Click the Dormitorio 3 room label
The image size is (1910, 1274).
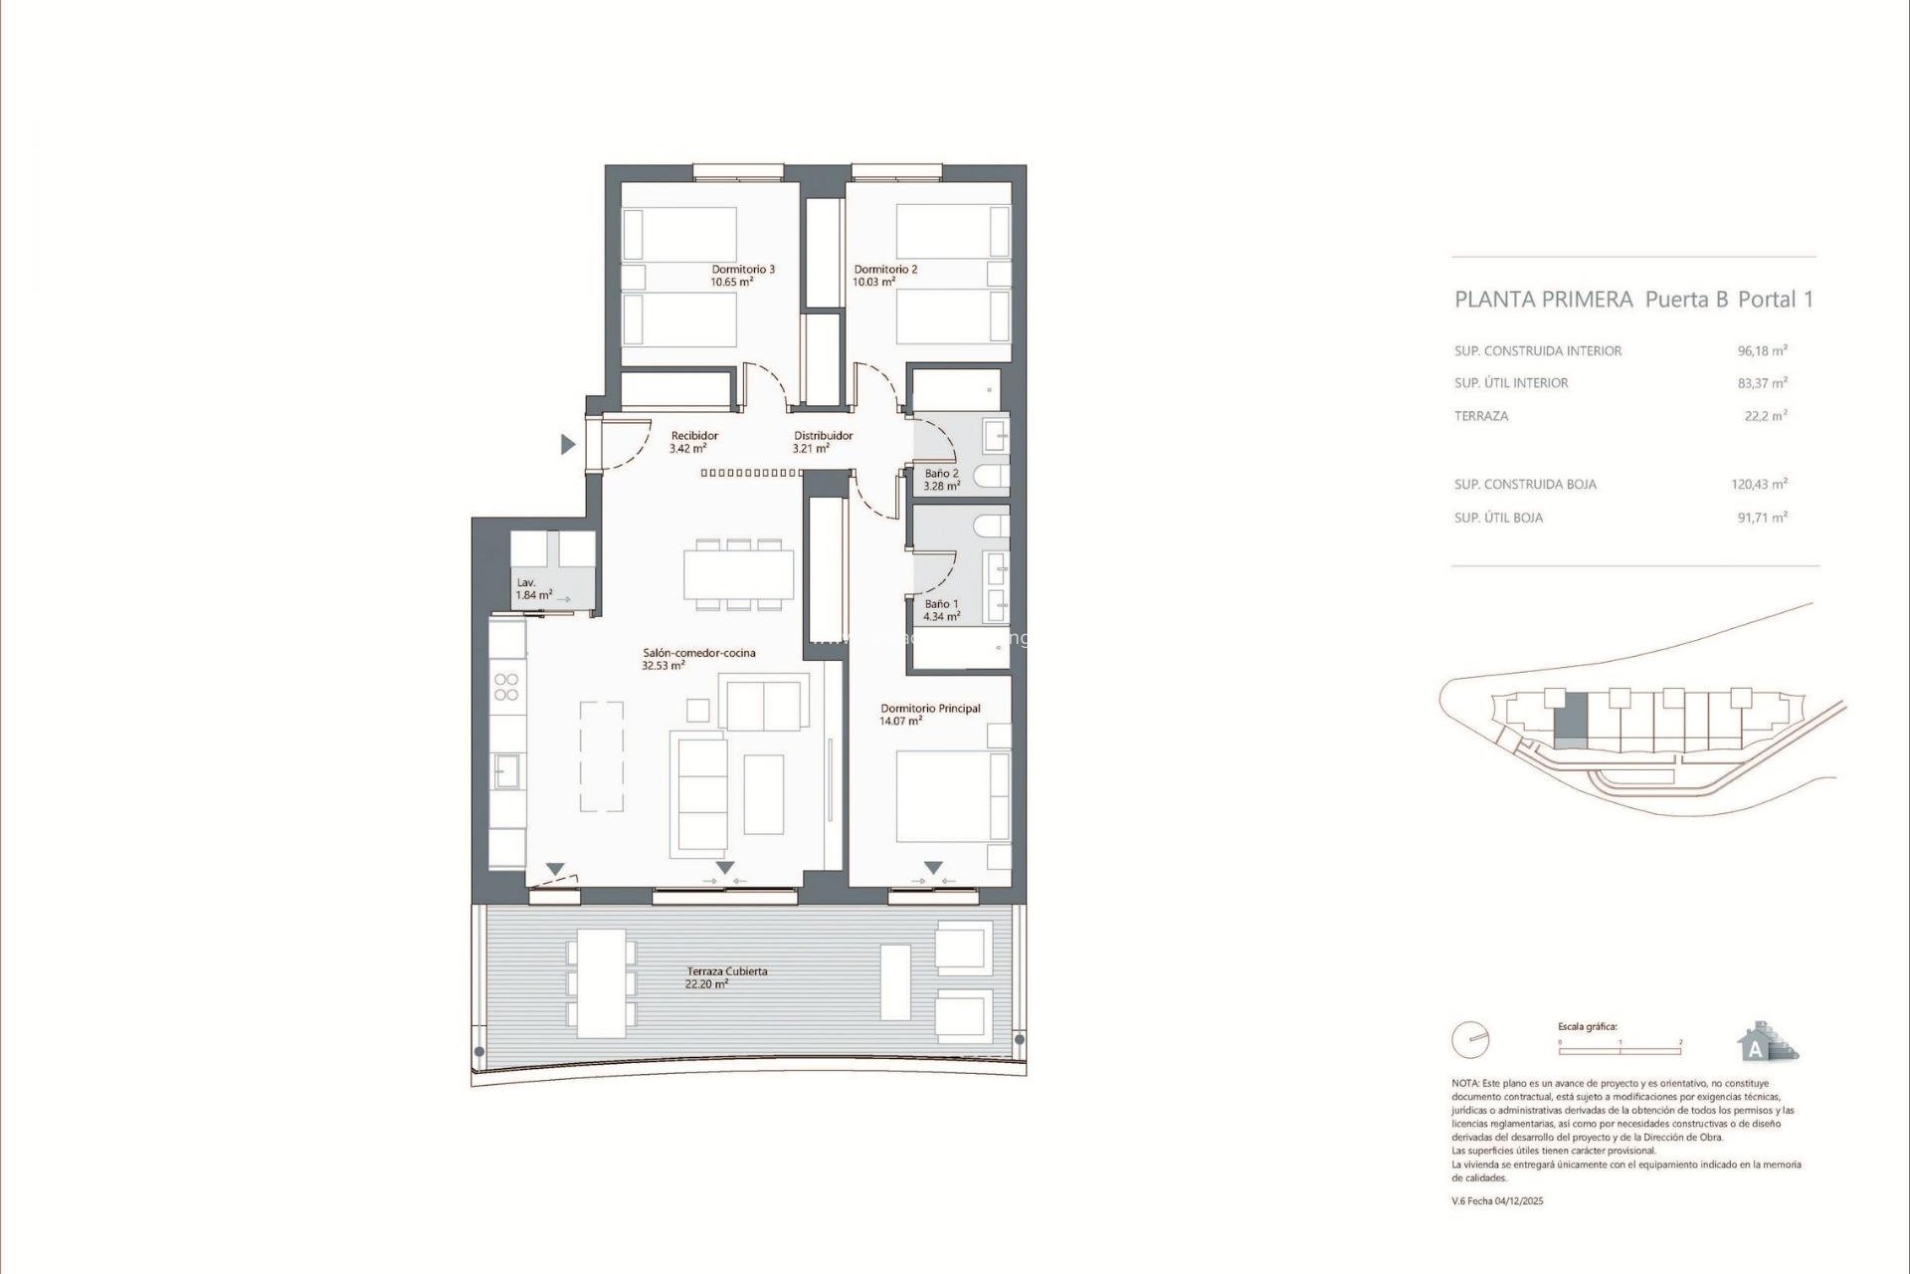(x=742, y=269)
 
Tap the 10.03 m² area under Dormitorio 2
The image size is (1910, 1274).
(x=873, y=282)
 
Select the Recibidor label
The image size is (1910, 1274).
(x=693, y=435)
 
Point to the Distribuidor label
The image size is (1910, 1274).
(x=822, y=435)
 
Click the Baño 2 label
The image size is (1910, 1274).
(x=941, y=473)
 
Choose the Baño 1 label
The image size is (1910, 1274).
(x=941, y=603)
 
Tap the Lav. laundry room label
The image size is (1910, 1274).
(x=526, y=582)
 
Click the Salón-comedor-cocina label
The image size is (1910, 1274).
(x=698, y=653)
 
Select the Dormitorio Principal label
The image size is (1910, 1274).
(x=929, y=708)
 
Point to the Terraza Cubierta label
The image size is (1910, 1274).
(x=726, y=970)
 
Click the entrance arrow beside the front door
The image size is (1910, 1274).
(x=568, y=444)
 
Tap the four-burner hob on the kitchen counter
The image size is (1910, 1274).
(x=506, y=687)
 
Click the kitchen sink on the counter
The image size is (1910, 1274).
(x=507, y=770)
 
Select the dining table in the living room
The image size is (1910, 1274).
(x=738, y=574)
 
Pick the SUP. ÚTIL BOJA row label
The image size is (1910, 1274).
(x=1498, y=518)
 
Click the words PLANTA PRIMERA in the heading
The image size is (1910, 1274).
(x=1543, y=299)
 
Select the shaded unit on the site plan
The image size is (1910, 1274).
(x=1571, y=721)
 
